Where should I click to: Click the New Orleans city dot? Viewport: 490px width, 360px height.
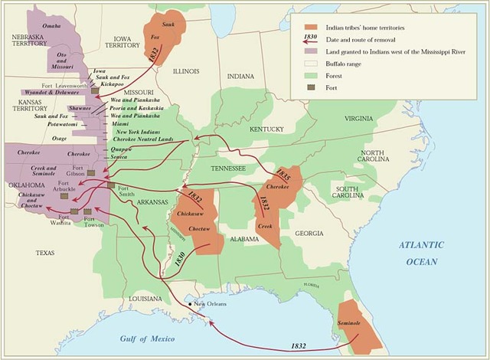[191, 306]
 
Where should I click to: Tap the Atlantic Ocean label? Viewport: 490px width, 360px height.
[421, 254]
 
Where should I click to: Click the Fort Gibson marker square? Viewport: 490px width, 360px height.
[91, 173]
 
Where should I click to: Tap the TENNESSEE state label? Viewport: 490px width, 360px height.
[228, 168]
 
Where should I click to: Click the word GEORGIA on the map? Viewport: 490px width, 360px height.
[309, 233]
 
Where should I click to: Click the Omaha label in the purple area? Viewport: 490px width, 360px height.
[51, 26]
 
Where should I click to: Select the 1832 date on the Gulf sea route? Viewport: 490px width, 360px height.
[303, 346]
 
